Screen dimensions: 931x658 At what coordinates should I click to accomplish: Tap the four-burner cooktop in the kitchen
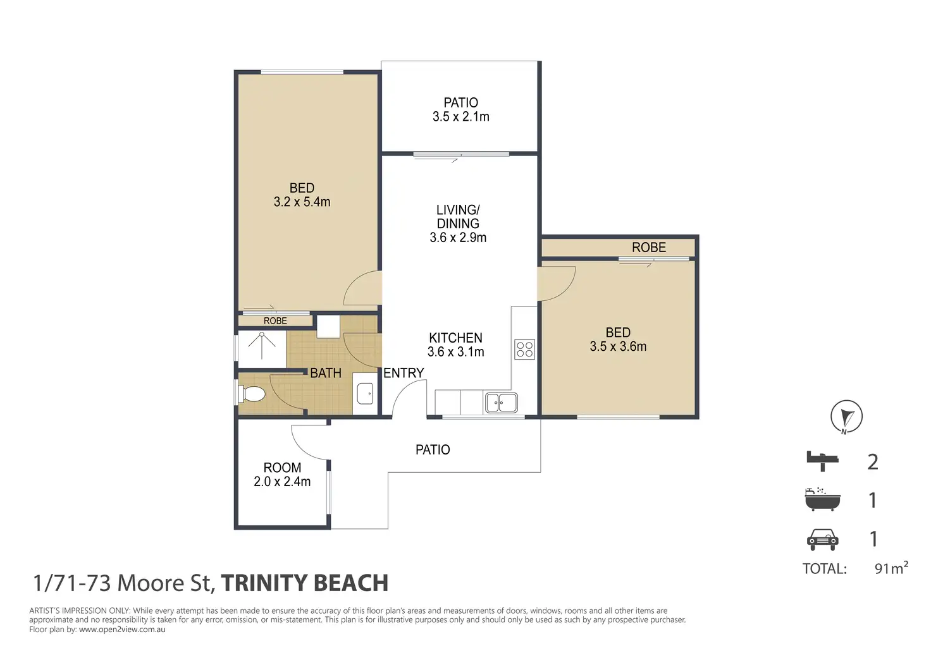[524, 349]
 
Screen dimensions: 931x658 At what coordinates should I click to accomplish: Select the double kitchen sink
[502, 403]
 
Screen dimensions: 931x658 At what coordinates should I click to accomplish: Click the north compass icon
[847, 417]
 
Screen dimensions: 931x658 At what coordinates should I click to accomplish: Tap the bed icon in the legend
[822, 461]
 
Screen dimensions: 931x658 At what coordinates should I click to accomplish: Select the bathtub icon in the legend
[822, 499]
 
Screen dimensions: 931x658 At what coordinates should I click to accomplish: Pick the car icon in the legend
[822, 540]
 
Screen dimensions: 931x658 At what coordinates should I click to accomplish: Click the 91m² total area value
[891, 568]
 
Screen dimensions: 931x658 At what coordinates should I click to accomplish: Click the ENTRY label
[404, 373]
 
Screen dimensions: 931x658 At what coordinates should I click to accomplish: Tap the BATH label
[326, 373]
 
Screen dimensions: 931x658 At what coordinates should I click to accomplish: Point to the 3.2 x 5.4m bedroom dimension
[302, 202]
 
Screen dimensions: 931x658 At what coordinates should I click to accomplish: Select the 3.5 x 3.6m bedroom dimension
[618, 346]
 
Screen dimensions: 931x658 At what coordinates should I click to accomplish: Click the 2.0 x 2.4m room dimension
[282, 482]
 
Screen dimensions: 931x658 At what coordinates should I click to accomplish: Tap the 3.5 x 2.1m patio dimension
[461, 117]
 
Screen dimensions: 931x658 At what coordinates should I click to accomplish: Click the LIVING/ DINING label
[458, 216]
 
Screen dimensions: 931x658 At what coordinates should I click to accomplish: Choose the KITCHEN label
[456, 338]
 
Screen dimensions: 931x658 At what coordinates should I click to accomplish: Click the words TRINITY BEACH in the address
[305, 583]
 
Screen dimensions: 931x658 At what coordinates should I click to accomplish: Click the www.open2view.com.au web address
[122, 630]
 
